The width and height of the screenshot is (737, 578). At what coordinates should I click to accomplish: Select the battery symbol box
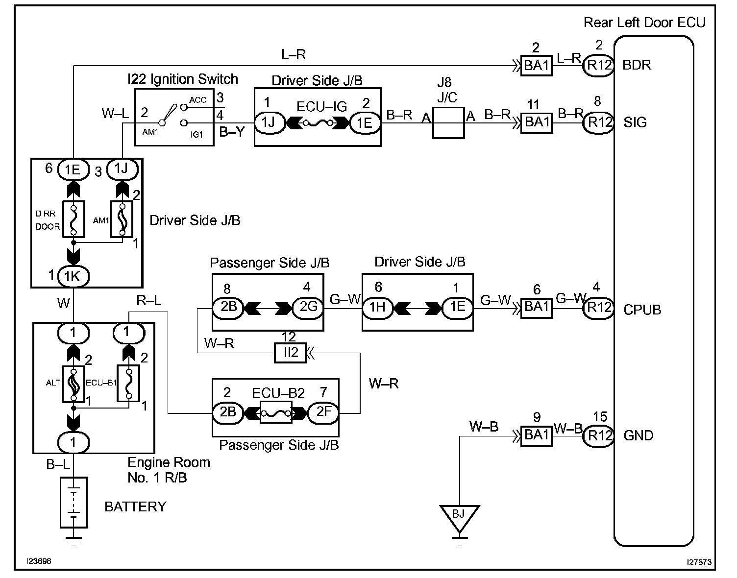74,503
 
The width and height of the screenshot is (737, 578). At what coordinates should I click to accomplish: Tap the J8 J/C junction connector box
448,123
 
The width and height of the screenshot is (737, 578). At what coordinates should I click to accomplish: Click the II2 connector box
290,353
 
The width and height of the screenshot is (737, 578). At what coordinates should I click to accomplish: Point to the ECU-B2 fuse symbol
276,412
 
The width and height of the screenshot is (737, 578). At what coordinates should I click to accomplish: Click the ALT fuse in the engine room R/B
74,384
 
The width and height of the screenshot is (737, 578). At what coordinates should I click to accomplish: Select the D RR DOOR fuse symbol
74,219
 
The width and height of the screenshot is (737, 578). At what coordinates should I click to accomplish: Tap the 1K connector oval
74,276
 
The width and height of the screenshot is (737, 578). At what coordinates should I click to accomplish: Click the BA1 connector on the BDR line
537,66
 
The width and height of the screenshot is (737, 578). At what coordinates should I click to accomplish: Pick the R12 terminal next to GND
599,435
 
